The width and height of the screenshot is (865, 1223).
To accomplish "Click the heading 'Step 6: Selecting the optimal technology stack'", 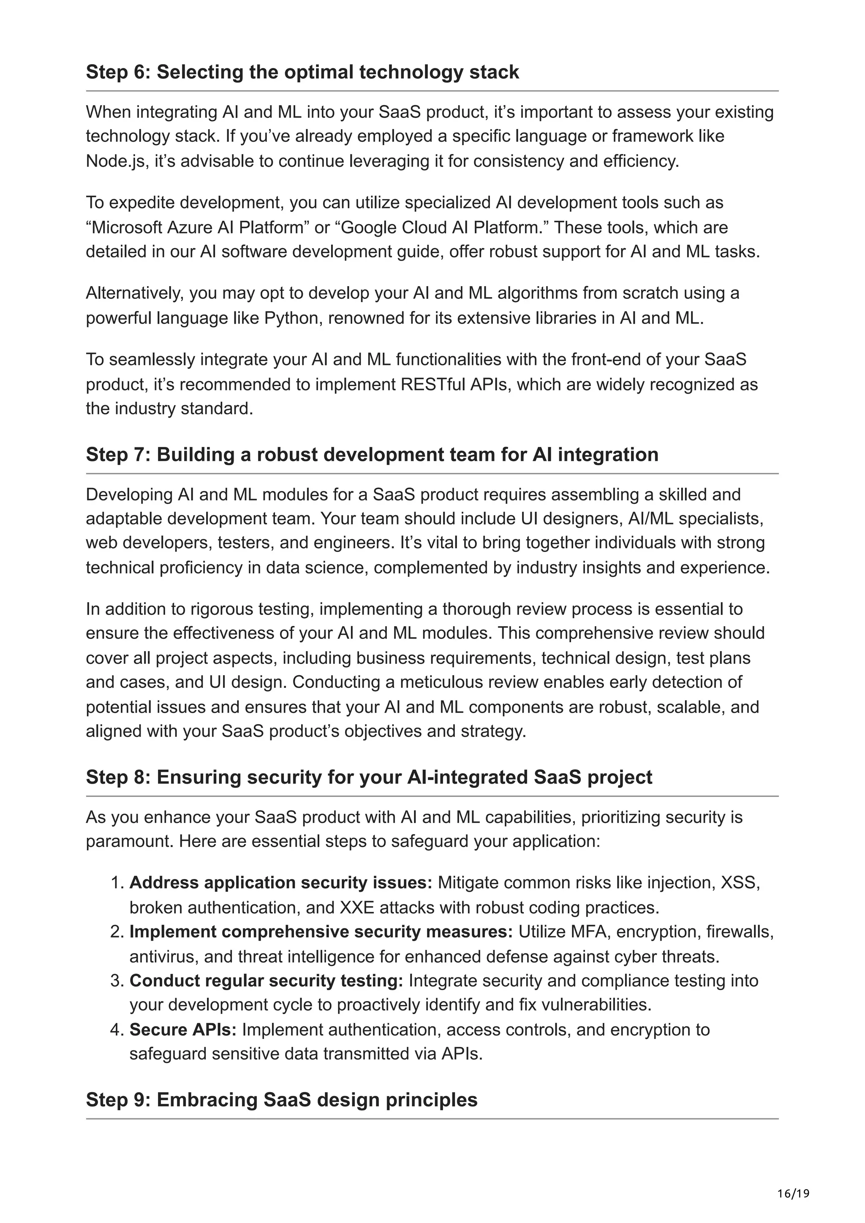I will [302, 72].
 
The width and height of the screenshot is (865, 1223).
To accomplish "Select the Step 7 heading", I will [372, 455].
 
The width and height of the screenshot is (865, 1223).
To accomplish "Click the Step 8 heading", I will [369, 777].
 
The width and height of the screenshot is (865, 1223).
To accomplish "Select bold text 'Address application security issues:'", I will [281, 882].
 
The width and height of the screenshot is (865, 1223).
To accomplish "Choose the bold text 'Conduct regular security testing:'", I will [267, 981].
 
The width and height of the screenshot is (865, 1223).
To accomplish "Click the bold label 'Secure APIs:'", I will [183, 1030].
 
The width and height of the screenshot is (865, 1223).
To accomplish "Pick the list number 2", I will [117, 932].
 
